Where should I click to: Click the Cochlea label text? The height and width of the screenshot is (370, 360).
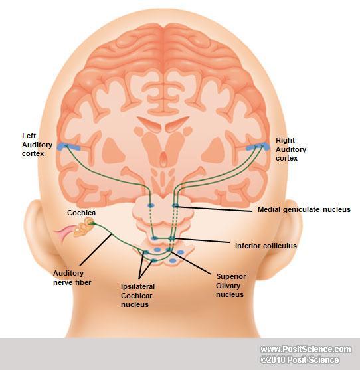(x=82, y=213)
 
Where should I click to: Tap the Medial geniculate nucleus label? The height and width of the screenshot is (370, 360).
(x=304, y=209)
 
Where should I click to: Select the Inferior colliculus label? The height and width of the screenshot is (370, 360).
(x=266, y=246)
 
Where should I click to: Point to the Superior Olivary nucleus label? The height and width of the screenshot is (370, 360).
(x=230, y=285)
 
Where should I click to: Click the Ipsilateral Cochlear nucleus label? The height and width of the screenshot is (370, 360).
(x=137, y=295)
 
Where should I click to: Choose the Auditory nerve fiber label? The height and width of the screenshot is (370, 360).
(x=72, y=278)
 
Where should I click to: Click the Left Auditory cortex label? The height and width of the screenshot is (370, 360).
(x=37, y=145)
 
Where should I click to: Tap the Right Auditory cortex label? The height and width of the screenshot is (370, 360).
(x=291, y=149)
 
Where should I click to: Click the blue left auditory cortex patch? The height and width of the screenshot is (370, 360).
(x=68, y=147)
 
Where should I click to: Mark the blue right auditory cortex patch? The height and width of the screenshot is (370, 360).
(x=258, y=147)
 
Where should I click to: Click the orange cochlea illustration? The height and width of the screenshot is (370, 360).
(x=84, y=227)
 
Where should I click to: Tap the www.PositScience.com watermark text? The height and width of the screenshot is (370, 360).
(x=306, y=349)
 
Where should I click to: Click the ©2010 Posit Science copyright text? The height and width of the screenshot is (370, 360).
(x=300, y=360)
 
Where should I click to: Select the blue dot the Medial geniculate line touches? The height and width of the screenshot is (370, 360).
(x=175, y=205)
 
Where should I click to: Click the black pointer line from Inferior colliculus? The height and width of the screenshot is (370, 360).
(x=202, y=240)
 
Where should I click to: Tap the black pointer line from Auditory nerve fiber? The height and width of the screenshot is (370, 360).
(x=96, y=250)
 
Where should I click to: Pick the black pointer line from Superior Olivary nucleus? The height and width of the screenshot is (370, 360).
(x=191, y=263)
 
